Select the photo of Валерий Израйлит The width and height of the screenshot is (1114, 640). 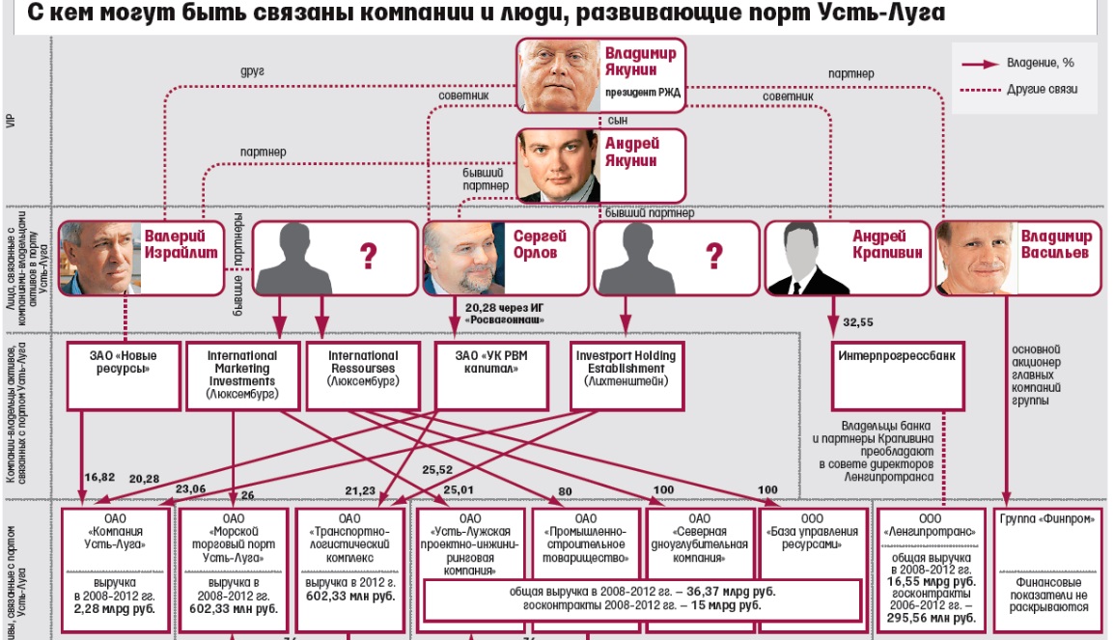pos(99,258)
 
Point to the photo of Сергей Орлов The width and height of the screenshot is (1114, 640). pos(462,258)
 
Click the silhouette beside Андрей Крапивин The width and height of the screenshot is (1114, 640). pos(806,258)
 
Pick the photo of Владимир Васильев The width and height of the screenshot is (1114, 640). pos(975,258)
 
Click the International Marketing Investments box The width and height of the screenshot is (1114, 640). pos(241,375)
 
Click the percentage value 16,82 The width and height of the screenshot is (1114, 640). pos(99,476)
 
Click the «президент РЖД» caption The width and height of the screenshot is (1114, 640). pos(644,95)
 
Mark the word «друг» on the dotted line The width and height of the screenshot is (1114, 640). pos(252,72)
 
